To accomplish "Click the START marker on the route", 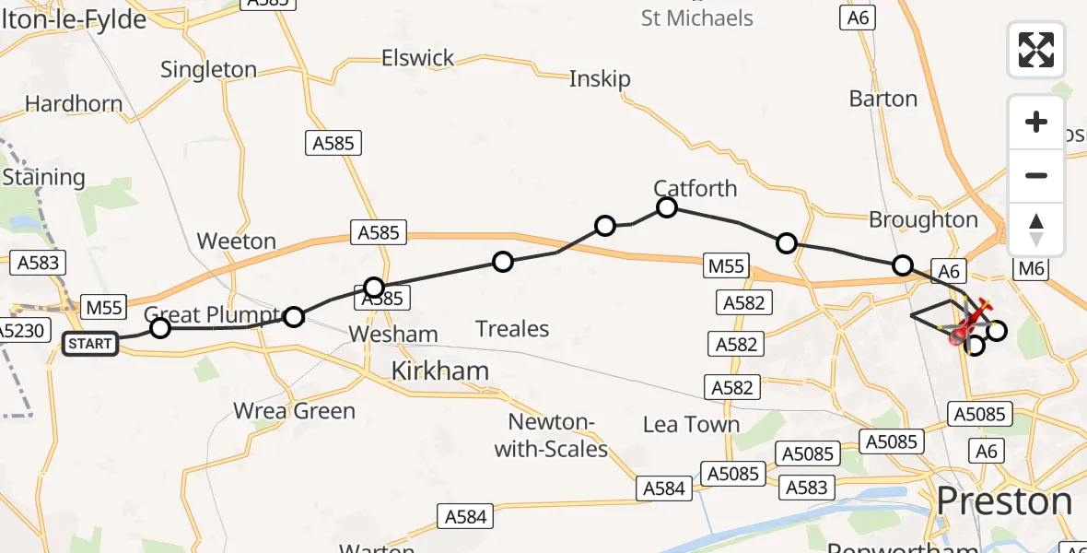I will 89,344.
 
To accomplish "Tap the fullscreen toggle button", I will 1036,50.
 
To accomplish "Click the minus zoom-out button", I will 1036,175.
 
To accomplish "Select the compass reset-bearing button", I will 1036,229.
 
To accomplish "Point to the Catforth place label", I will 695,188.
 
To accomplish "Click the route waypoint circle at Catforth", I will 667,207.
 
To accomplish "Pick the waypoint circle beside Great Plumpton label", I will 160,327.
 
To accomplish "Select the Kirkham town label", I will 440,371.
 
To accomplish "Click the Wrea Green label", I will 295,410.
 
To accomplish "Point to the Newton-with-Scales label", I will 552,436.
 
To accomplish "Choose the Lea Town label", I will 692,424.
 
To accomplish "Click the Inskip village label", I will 600,79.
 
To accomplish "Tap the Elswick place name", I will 418,58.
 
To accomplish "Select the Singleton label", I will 208,69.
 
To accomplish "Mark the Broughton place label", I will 923,219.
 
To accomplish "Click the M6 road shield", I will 1030,268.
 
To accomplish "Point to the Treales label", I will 512,329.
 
